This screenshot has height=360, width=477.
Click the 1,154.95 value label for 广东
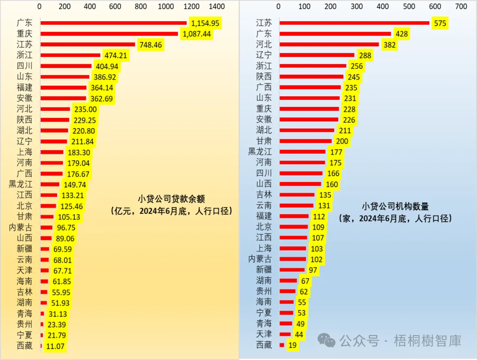pos(205,23)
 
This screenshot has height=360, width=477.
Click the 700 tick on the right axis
pos(461,7)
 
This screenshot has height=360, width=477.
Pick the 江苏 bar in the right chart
pos(354,23)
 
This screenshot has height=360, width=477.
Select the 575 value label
pos(440,23)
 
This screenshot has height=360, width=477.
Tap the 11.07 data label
pos(55,346)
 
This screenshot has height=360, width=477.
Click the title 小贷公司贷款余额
pos(171,199)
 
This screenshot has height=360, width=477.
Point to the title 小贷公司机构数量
pos(395,206)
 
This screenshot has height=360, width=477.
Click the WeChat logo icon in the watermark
pos(327,341)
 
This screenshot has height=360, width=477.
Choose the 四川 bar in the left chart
pos(66,66)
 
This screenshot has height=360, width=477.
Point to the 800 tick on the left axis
pos(141,7)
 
